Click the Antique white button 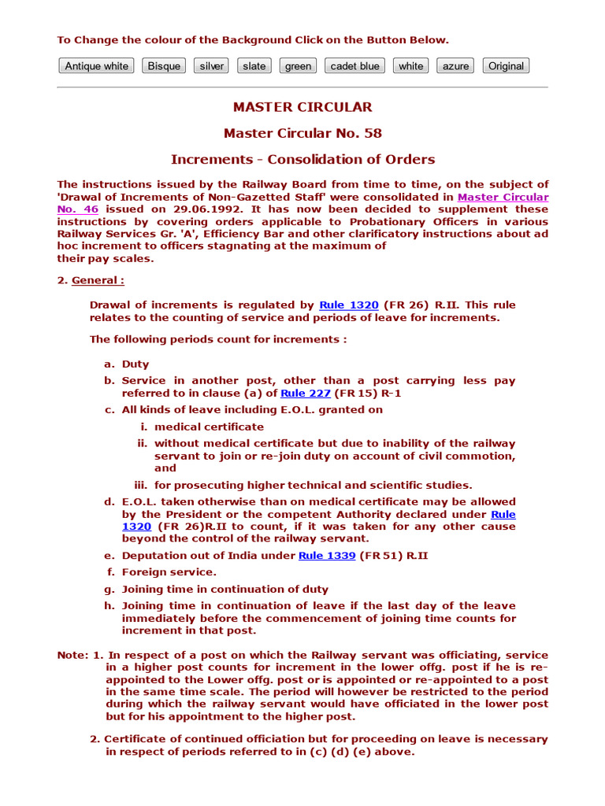[96, 66]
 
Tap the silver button [211, 66]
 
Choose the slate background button [254, 66]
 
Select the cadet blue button [354, 66]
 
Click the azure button [455, 66]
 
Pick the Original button [506, 66]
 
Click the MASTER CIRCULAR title [302, 107]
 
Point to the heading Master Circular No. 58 [302, 133]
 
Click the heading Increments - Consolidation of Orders [302, 159]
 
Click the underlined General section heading [98, 280]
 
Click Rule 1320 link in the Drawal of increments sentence [348, 305]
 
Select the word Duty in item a [135, 364]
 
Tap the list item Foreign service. [169, 572]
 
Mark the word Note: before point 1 [72, 656]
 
